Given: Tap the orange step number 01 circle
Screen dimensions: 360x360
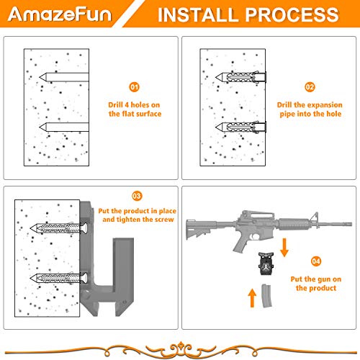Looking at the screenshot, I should click(135, 86).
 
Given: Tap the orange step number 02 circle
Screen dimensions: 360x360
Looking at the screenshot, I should click(310, 86).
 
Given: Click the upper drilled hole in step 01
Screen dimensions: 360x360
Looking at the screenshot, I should click(66, 75).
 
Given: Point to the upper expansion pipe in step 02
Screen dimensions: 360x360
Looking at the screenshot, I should click(242, 76).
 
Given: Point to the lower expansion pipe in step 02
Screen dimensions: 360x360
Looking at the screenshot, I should click(242, 127).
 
